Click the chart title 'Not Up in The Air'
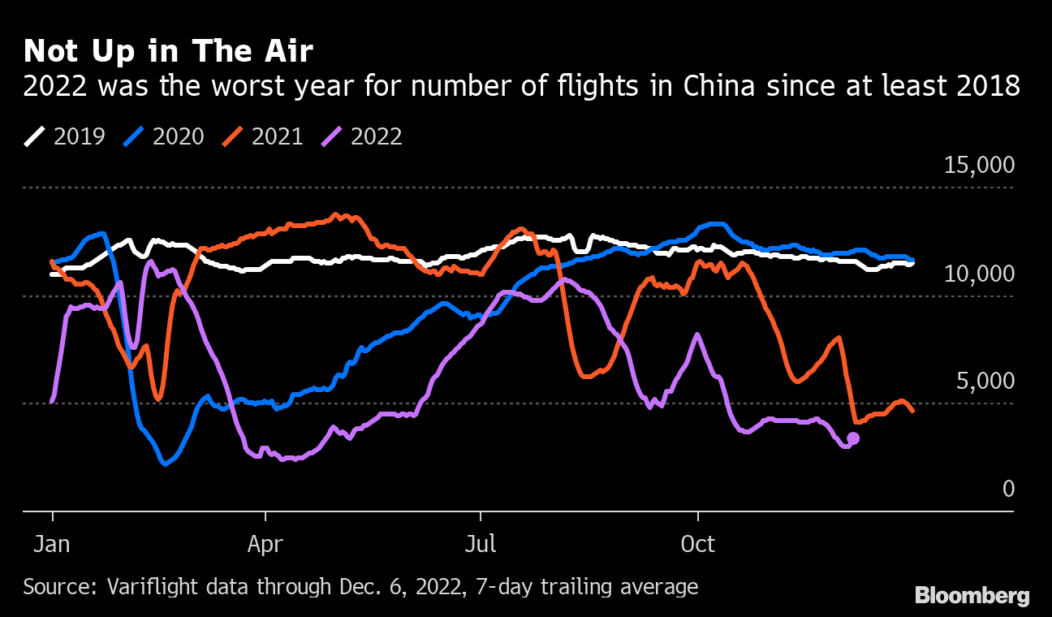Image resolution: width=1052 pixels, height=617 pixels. (x=168, y=52)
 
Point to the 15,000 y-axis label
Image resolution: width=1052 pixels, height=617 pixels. (x=980, y=166)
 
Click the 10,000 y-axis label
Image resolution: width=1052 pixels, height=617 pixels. (x=980, y=274)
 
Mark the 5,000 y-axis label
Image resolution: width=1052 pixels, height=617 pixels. (x=985, y=382)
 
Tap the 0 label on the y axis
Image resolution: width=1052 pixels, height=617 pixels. (x=1008, y=489)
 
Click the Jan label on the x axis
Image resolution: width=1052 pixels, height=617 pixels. (x=52, y=543)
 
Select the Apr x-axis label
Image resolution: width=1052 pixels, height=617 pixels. (x=265, y=543)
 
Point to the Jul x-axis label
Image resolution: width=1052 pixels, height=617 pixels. (x=481, y=543)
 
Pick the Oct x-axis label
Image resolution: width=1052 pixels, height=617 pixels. (x=697, y=543)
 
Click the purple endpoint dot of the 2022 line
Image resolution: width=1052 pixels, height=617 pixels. (x=853, y=438)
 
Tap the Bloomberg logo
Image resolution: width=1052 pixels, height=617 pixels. (x=972, y=596)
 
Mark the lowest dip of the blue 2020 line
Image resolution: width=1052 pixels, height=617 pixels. (x=165, y=464)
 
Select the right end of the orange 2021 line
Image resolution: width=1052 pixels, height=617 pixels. (x=913, y=411)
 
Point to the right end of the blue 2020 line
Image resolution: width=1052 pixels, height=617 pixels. (x=913, y=260)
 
